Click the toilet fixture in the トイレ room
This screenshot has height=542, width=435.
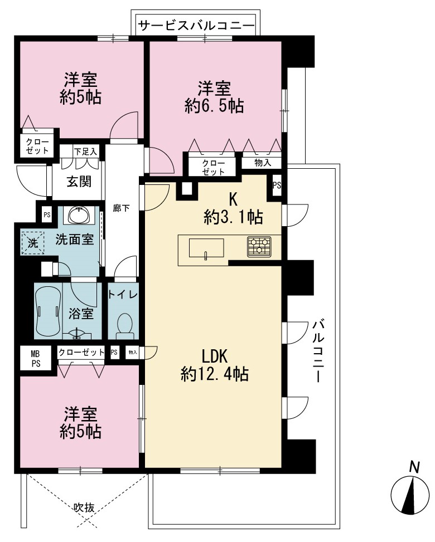pyautogui.click(x=124, y=325)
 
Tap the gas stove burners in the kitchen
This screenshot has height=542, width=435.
pyautogui.click(x=259, y=246)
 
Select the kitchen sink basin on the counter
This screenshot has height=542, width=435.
pyautogui.click(x=206, y=248)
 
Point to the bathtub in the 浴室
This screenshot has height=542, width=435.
pyautogui.click(x=48, y=310)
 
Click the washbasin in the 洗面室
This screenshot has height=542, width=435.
pyautogui.click(x=81, y=216)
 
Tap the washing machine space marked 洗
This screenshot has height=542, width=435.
pyautogui.click(x=33, y=243)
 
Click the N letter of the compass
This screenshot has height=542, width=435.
pyautogui.click(x=414, y=467)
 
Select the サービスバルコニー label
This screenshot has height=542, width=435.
pyautogui.click(x=196, y=26)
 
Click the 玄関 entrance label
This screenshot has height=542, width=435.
pyautogui.click(x=79, y=182)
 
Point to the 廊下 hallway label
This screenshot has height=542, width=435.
pyautogui.click(x=121, y=208)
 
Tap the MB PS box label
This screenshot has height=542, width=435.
pyautogui.click(x=36, y=359)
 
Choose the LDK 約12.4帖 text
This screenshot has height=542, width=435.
pyautogui.click(x=215, y=365)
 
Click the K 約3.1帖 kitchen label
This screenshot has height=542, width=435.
pyautogui.click(x=233, y=208)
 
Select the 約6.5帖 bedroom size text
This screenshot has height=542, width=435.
pyautogui.click(x=214, y=106)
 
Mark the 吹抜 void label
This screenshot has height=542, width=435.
pyautogui.click(x=84, y=507)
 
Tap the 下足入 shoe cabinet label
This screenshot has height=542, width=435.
pyautogui.click(x=86, y=152)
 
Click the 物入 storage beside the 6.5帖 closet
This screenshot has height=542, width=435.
pyautogui.click(x=263, y=163)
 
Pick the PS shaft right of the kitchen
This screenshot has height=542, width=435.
pyautogui.click(x=277, y=185)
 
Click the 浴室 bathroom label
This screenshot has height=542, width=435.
pyautogui.click(x=81, y=314)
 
